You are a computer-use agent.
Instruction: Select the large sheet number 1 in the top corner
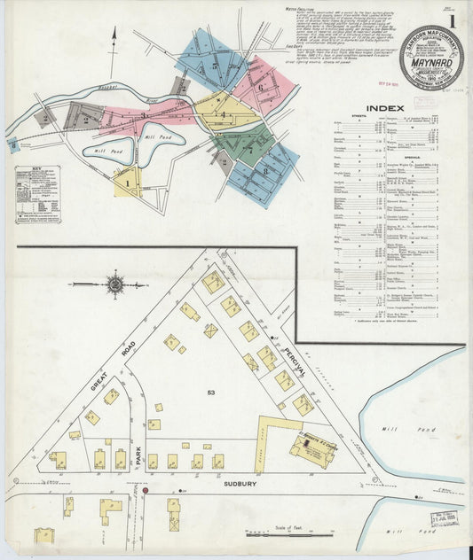point(453,20)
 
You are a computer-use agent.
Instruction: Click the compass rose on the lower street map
point(114,284)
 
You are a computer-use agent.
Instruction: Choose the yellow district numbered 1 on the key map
point(127,183)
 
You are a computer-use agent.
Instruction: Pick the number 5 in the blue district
point(213,65)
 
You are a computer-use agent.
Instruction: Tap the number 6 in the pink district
point(261,87)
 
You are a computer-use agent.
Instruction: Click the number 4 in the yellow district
point(224,115)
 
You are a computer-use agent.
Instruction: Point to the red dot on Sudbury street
point(145,488)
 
